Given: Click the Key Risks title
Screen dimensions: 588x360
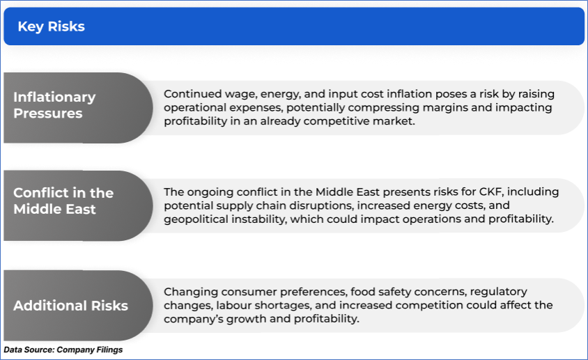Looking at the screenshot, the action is (52, 26).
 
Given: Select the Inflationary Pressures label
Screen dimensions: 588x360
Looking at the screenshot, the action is (54, 105).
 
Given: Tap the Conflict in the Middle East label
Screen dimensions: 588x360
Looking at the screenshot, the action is (63, 201).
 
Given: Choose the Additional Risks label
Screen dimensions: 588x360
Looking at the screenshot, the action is (70, 306).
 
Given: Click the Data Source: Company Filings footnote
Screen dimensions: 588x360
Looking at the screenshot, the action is (63, 350).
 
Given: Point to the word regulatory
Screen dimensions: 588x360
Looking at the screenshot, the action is (498, 292).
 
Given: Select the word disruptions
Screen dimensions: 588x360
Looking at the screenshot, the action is (320, 206).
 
